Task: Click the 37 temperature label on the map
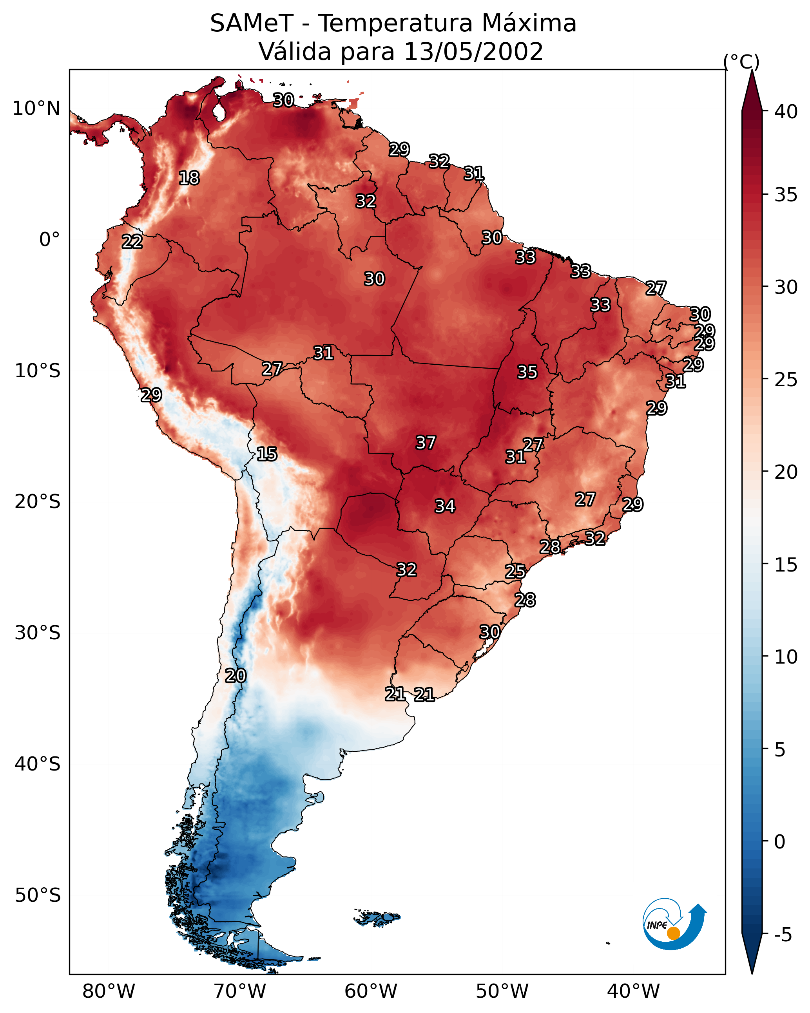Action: (x=426, y=443)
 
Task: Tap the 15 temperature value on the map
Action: (x=266, y=454)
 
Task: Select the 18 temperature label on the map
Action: (x=189, y=178)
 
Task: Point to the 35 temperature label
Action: (x=527, y=372)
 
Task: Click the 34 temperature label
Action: (x=445, y=506)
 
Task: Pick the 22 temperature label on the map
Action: (x=132, y=242)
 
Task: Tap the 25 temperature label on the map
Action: (x=515, y=572)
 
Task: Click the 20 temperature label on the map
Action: (x=235, y=676)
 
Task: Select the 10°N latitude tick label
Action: (x=36, y=109)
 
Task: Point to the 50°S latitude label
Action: (x=38, y=895)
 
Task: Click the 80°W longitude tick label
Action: (x=109, y=991)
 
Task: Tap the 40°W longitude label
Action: (x=633, y=991)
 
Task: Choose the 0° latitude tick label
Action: (x=49, y=240)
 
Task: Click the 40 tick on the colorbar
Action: (x=786, y=112)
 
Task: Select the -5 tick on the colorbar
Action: (x=783, y=935)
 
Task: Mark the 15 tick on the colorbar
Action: (x=786, y=565)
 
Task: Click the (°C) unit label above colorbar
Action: (x=741, y=62)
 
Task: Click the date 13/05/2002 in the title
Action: (x=473, y=51)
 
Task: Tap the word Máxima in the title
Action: (x=529, y=24)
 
